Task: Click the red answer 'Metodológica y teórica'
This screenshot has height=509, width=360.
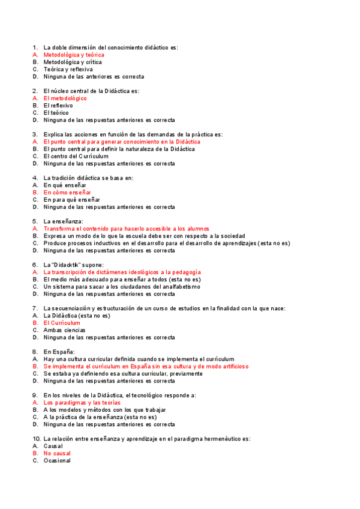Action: (x=74, y=55)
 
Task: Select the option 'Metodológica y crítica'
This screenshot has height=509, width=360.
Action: (x=73, y=62)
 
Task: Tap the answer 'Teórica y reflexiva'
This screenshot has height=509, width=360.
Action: (x=68, y=69)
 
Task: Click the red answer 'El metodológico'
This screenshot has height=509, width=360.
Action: (x=65, y=98)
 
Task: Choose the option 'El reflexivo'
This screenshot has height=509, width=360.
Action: (x=58, y=106)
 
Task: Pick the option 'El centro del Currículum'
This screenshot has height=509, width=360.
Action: (x=76, y=156)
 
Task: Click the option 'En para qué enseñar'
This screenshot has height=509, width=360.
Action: (x=71, y=199)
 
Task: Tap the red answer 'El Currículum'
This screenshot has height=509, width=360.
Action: (x=62, y=323)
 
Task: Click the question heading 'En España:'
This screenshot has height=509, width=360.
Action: (x=59, y=352)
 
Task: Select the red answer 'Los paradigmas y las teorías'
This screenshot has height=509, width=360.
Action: (x=82, y=402)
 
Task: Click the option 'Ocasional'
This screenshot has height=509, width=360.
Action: (x=57, y=460)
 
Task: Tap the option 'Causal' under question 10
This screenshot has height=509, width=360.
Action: (x=53, y=446)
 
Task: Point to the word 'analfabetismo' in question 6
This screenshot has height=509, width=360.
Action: (x=180, y=287)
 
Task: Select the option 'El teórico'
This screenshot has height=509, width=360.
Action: (x=56, y=113)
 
